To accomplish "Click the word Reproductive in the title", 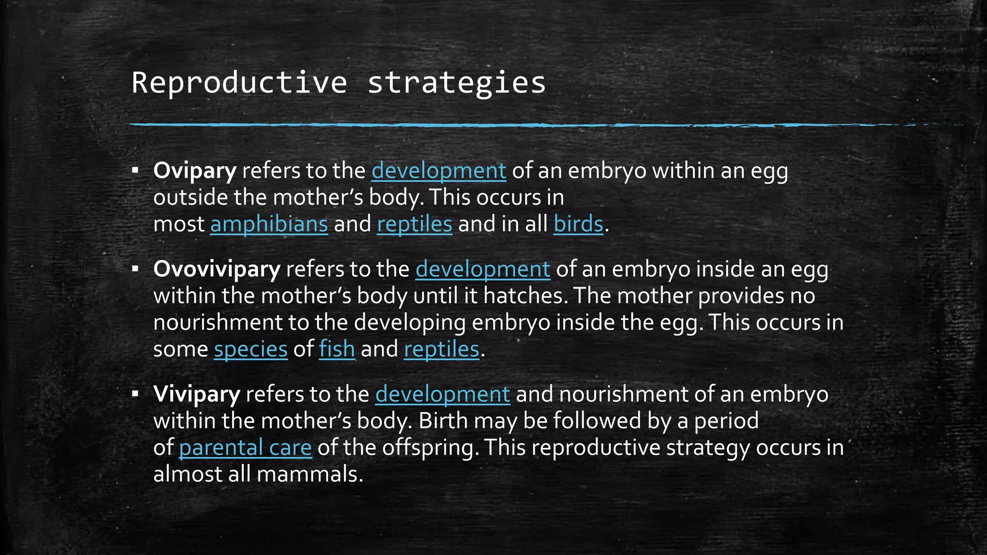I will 239,82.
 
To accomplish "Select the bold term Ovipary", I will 195,171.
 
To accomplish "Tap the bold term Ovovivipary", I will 216,269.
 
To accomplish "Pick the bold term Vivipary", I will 196,394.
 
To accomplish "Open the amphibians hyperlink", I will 269,224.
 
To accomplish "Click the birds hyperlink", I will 578,224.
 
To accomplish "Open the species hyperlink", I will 251,349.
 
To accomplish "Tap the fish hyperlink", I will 337,349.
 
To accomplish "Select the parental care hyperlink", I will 245,448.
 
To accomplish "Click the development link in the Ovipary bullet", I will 439,171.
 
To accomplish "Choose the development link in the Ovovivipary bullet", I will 482,269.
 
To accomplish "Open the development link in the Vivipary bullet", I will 442,394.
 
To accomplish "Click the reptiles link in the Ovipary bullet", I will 414,224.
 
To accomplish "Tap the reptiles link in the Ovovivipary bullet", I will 441,349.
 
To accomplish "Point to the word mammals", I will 309,474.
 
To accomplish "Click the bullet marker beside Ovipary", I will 135,171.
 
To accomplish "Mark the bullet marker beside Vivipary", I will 135,394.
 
